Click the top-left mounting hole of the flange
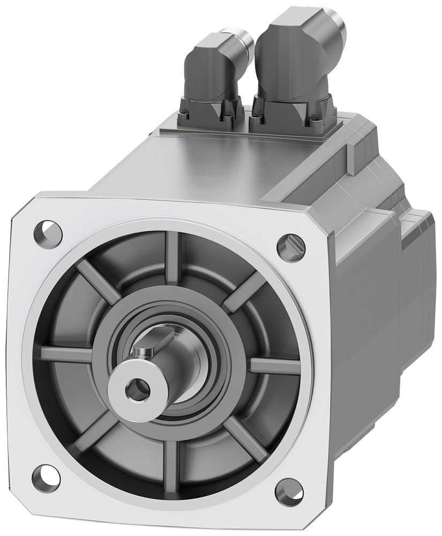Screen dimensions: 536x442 tap(47, 232)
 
